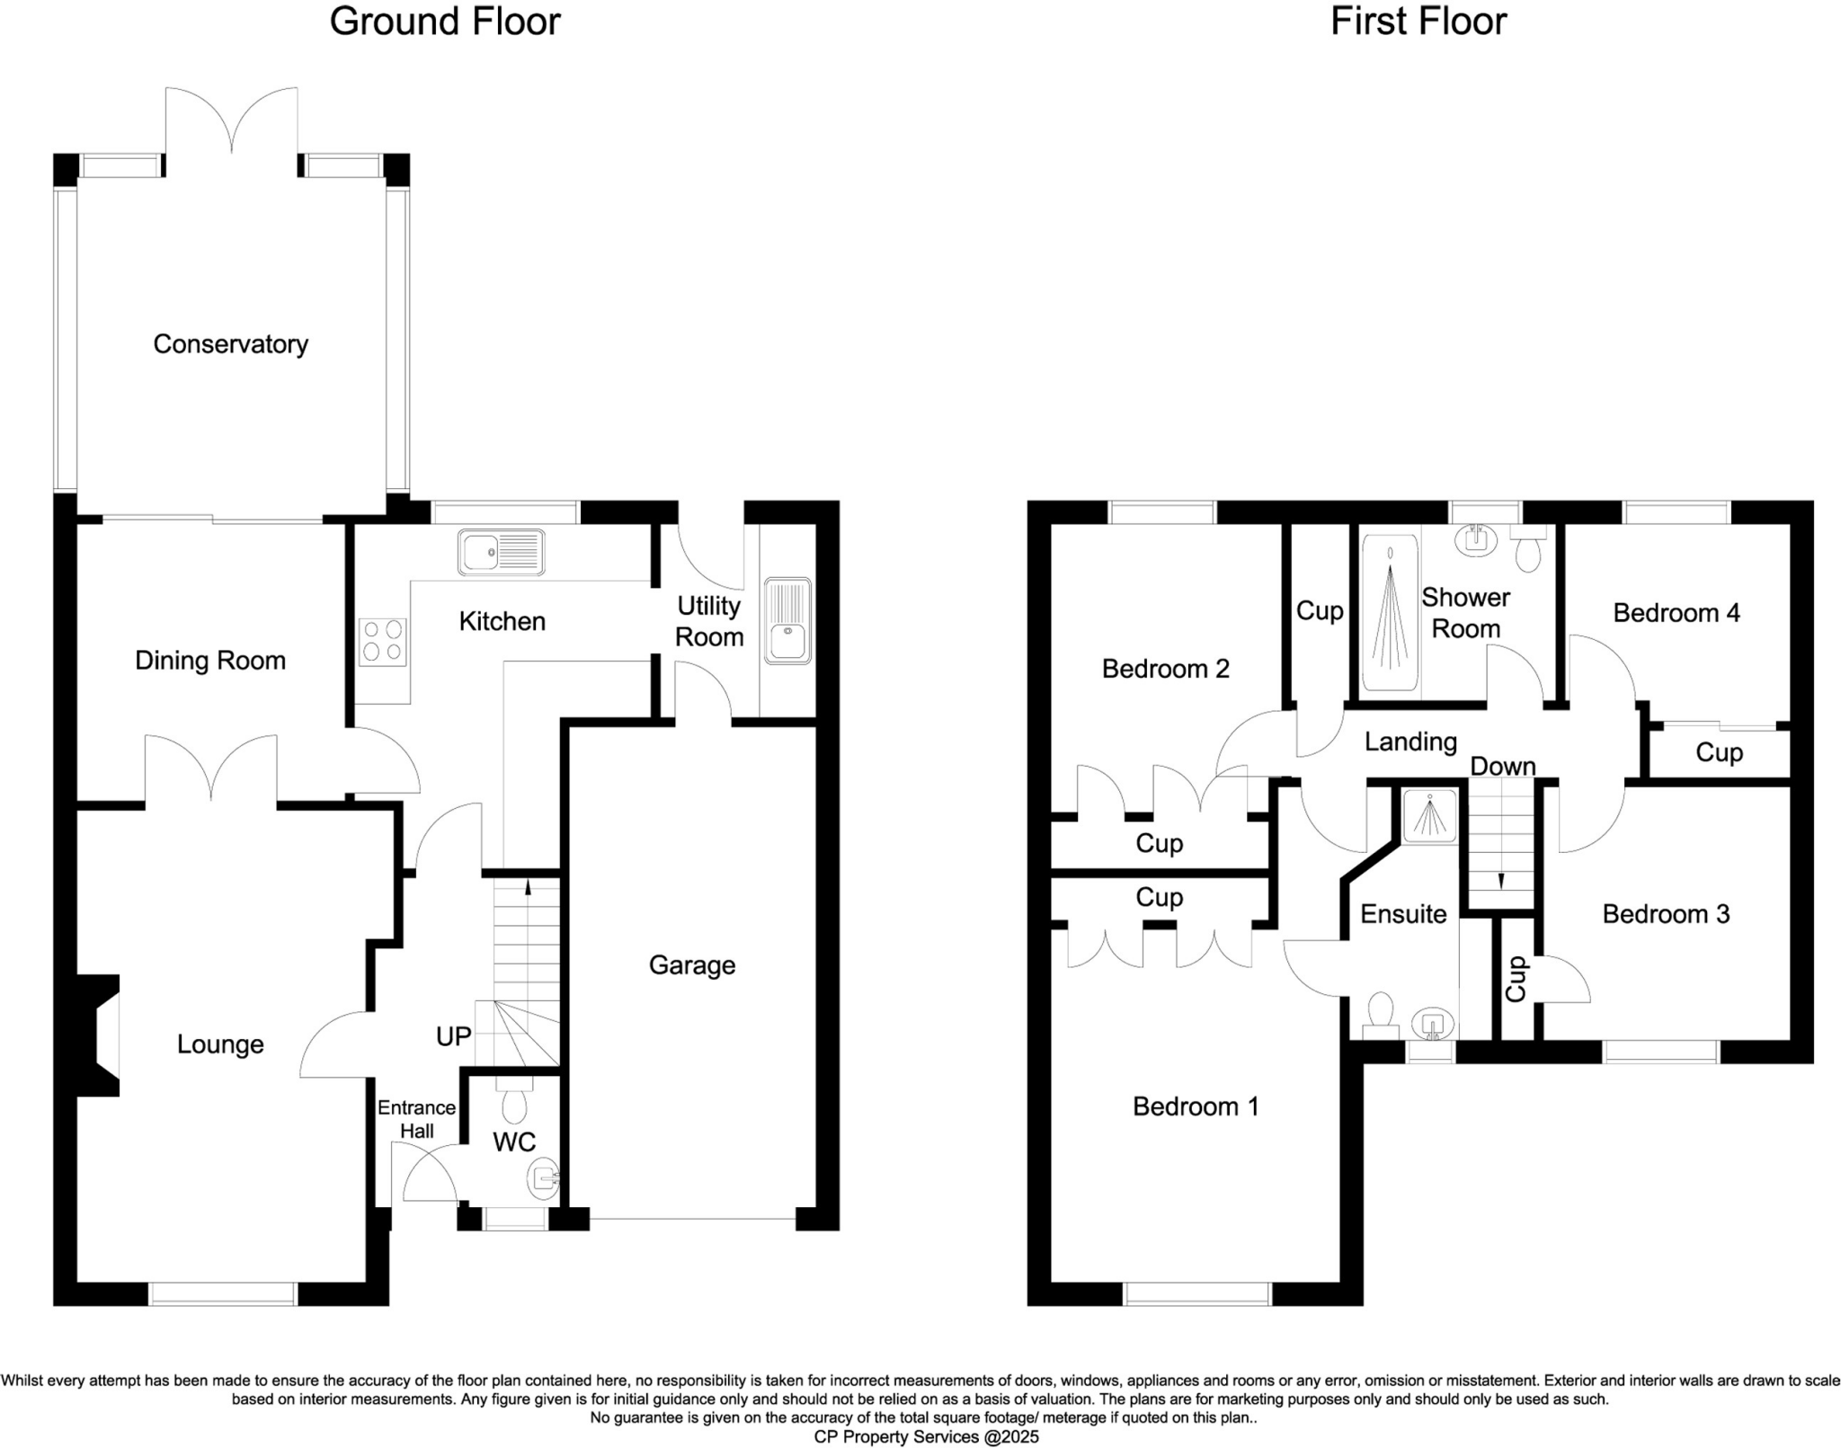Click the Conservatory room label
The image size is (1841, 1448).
230,344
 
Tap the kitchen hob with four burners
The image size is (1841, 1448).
382,642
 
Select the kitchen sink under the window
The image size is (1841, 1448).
501,551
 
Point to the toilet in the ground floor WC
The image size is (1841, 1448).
514,1101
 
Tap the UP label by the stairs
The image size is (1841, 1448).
453,1036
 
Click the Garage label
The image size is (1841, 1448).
692,965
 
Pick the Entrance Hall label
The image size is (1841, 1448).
416,1119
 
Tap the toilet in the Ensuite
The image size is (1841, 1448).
1379,1011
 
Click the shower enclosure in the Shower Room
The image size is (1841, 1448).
1390,613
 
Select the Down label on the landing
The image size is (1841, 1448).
1503,767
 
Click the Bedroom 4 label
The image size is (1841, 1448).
1676,613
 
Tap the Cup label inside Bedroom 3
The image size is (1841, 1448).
1516,979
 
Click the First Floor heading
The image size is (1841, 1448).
1418,22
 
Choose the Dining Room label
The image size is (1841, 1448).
210,661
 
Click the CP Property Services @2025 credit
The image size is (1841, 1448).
926,1437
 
